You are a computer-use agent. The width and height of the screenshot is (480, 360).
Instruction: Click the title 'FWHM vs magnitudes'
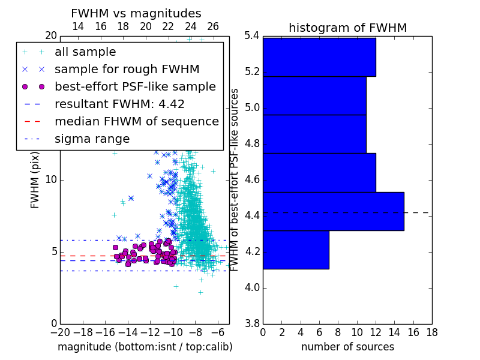point(136,13)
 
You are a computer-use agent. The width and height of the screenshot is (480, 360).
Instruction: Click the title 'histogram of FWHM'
point(348,28)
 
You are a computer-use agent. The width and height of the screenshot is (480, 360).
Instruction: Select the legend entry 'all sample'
point(85,52)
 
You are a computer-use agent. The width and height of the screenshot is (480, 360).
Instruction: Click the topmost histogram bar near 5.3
point(319,57)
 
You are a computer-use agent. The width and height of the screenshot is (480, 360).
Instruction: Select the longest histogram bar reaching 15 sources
point(334,212)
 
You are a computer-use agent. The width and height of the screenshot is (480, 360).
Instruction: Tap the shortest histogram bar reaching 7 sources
point(296,250)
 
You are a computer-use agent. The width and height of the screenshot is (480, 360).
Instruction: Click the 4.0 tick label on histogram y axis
point(252,288)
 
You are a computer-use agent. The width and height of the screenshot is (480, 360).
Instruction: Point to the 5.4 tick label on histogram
point(252,36)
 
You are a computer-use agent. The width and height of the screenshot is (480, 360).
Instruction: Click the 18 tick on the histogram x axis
point(432,332)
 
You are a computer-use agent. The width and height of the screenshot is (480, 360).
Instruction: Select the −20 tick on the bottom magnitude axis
point(61,332)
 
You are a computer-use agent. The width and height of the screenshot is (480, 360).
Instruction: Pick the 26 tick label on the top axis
point(213,26)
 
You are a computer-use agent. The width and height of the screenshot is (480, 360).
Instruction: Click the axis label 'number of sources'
point(348,347)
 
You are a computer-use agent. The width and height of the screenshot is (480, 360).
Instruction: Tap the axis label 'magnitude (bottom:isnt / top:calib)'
point(145,347)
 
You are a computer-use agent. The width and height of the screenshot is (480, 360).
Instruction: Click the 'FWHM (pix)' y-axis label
point(35,180)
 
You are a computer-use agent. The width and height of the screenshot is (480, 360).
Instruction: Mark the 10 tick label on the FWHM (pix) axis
point(51,179)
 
